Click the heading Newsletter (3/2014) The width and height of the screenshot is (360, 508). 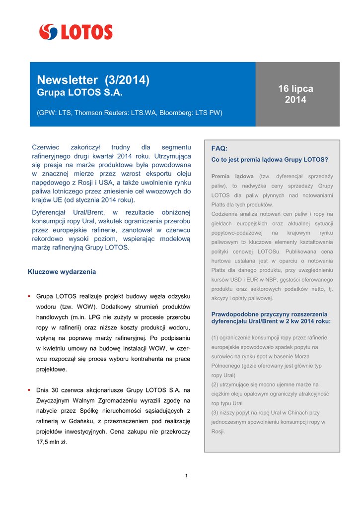(93, 80)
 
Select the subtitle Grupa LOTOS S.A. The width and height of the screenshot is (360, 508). (79, 93)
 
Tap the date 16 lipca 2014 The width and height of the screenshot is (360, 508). (295, 94)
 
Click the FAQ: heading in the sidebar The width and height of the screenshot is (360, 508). (219, 148)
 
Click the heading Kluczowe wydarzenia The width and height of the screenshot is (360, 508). (62, 272)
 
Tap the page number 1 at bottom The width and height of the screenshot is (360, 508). (186, 476)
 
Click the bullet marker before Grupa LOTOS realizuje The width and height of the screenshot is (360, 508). (30, 297)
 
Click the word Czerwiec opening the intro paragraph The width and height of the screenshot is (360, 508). (46, 147)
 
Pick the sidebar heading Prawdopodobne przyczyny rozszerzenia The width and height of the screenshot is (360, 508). (270, 314)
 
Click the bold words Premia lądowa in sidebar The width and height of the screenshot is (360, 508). (232, 176)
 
